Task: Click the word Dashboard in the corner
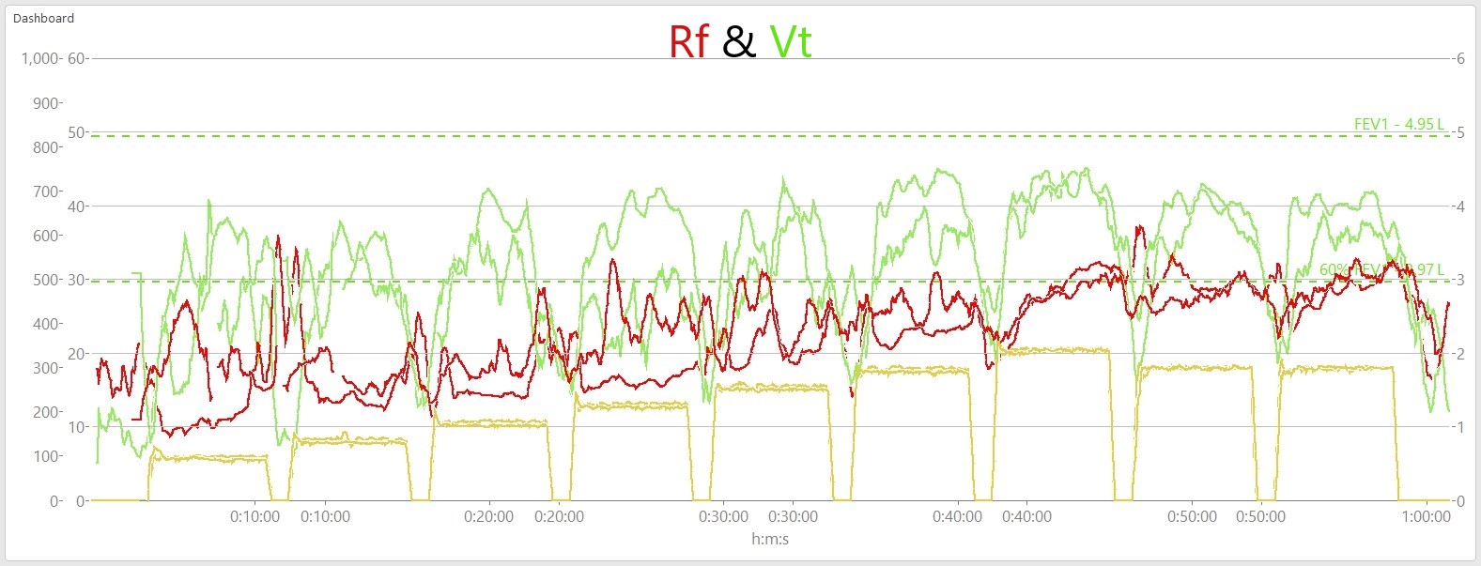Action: [x=43, y=18]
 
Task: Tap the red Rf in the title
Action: [x=688, y=42]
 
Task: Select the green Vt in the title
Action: [x=790, y=42]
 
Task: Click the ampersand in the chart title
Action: [x=739, y=42]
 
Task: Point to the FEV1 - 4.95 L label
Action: [x=1398, y=125]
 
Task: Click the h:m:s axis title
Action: [x=770, y=539]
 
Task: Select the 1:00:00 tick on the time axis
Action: [x=1426, y=516]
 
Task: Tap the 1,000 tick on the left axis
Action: [x=39, y=58]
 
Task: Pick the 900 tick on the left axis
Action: [x=46, y=103]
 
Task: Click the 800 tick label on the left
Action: [x=46, y=147]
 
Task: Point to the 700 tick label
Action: [x=46, y=191]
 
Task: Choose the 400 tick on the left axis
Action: [x=46, y=324]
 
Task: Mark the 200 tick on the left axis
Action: [x=46, y=412]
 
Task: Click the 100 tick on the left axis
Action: [x=46, y=456]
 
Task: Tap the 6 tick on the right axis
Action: [x=1460, y=58]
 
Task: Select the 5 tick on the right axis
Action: [x=1460, y=132]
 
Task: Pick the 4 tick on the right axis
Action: [x=1460, y=207]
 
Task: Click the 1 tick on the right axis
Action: [x=1460, y=427]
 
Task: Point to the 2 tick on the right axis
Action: [x=1460, y=354]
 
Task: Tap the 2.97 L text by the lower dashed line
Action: [x=1427, y=269]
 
